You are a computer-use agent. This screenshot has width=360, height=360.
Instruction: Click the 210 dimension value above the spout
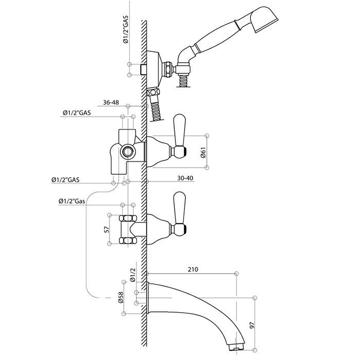click(193, 268)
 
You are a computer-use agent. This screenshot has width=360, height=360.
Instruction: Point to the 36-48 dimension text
click(111, 103)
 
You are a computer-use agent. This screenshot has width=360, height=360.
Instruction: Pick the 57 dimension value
click(107, 229)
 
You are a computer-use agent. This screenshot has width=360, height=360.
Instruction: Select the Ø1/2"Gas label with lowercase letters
click(72, 201)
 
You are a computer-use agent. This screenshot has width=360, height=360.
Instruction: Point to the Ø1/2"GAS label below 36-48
click(76, 113)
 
